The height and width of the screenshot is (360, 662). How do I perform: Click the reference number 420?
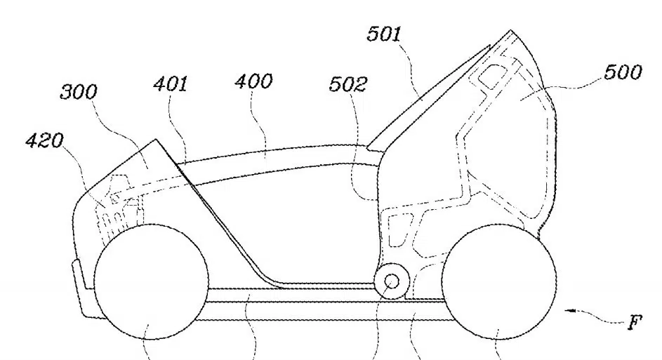(44, 140)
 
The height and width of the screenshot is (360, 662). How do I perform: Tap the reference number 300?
(79, 92)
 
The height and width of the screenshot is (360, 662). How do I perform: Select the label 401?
(170, 84)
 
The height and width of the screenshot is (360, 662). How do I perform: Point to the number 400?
(253, 81)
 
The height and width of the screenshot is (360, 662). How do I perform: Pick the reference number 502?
(348, 84)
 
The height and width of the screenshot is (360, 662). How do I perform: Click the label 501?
(384, 34)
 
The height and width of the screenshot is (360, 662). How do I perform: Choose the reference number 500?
(623, 72)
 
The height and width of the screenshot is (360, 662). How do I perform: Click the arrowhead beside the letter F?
(570, 311)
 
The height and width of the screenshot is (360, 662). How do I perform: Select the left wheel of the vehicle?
(151, 281)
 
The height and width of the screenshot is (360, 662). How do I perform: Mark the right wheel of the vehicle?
(498, 282)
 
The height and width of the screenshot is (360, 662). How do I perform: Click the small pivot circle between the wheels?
(392, 281)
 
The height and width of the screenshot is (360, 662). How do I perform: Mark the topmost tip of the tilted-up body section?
(511, 30)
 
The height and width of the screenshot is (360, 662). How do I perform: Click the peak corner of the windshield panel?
(157, 139)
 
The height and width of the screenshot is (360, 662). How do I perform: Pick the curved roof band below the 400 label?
(270, 159)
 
